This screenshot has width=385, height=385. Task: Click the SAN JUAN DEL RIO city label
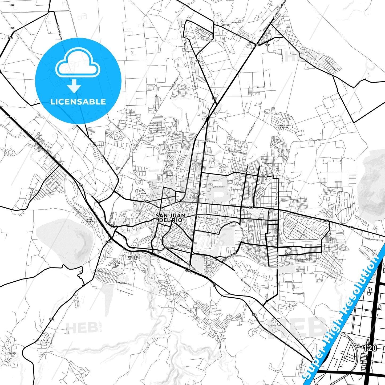point(171,218)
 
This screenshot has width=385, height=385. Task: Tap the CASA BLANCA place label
point(90,220)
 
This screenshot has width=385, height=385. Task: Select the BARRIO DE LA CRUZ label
point(133,258)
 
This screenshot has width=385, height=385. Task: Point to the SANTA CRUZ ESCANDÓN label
point(283,126)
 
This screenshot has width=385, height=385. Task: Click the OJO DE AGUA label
point(45,342)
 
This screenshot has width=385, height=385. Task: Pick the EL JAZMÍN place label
point(11,353)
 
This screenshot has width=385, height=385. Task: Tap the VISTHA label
point(225,25)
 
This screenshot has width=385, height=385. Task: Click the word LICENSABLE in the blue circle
point(78,102)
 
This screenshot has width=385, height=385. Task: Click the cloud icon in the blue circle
point(78,63)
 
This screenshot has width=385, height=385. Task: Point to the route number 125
point(268,45)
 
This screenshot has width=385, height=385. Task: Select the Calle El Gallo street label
point(302,234)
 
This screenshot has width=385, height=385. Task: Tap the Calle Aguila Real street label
point(305,259)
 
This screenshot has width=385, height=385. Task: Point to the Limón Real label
point(218,187)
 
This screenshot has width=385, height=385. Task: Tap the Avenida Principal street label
point(331,65)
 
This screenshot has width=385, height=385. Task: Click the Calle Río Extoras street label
point(205,218)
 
